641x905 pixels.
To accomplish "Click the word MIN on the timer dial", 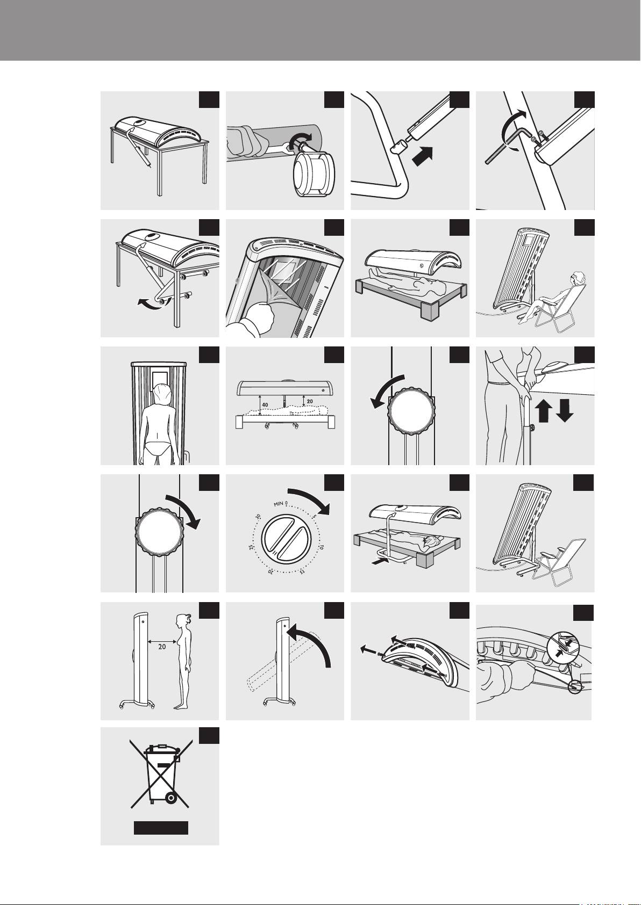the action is pyautogui.click(x=278, y=504).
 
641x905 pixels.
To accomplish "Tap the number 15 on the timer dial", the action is pyautogui.click(x=302, y=571).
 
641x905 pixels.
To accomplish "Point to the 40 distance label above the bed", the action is pyautogui.click(x=265, y=404).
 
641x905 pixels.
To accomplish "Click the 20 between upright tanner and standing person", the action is pyautogui.click(x=162, y=647).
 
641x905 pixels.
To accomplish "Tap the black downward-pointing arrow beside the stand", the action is pyautogui.click(x=565, y=410).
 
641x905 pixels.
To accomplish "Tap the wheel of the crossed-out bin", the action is pyautogui.click(x=171, y=798).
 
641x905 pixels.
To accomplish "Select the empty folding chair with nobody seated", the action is pyautogui.click(x=558, y=562).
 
